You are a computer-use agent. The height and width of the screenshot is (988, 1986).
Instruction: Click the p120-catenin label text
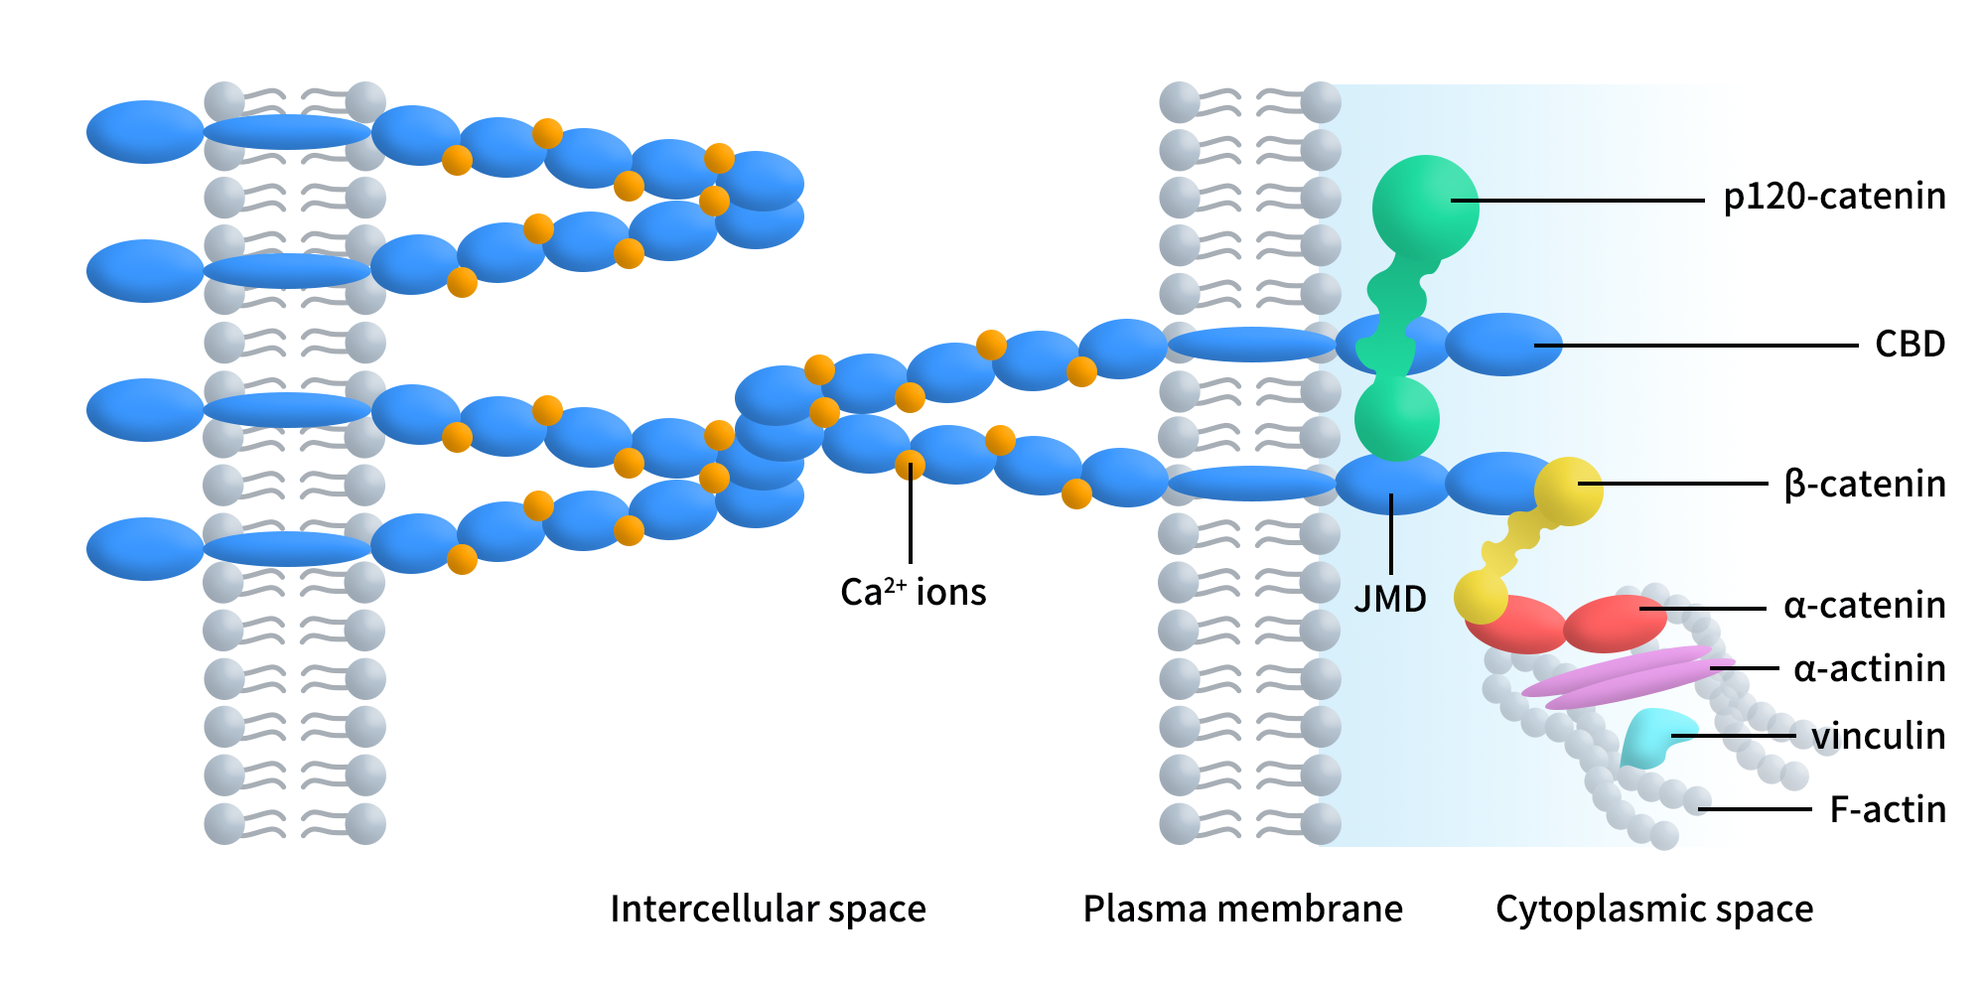[x=1834, y=197]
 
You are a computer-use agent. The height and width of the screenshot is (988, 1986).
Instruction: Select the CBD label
[x=1910, y=345]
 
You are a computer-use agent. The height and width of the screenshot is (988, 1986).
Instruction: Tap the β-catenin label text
[x=1864, y=485]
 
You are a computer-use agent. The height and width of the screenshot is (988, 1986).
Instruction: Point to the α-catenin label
[x=1864, y=605]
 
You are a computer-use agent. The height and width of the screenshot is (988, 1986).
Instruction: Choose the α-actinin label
[x=1869, y=669]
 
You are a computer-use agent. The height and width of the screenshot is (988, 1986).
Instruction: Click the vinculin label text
[x=1878, y=736]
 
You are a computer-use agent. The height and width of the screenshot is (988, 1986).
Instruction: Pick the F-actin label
[x=1887, y=809]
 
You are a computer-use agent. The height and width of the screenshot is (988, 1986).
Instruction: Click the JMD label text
[x=1390, y=599]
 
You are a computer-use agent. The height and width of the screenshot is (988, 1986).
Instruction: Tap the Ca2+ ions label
[x=913, y=592]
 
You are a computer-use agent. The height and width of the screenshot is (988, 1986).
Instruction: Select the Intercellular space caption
[x=768, y=909]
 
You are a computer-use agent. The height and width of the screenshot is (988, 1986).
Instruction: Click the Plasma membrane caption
[x=1242, y=909]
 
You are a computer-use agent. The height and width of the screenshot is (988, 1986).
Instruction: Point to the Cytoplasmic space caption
[x=1654, y=909]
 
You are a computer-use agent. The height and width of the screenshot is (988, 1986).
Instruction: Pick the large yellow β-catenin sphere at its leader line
[x=1569, y=491]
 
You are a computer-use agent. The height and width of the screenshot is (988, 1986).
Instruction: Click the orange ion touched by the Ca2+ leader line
[x=910, y=465]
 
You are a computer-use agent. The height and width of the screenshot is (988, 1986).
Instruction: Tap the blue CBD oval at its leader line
[x=1503, y=345]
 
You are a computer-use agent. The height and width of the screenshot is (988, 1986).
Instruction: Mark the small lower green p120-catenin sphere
[x=1396, y=419]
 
